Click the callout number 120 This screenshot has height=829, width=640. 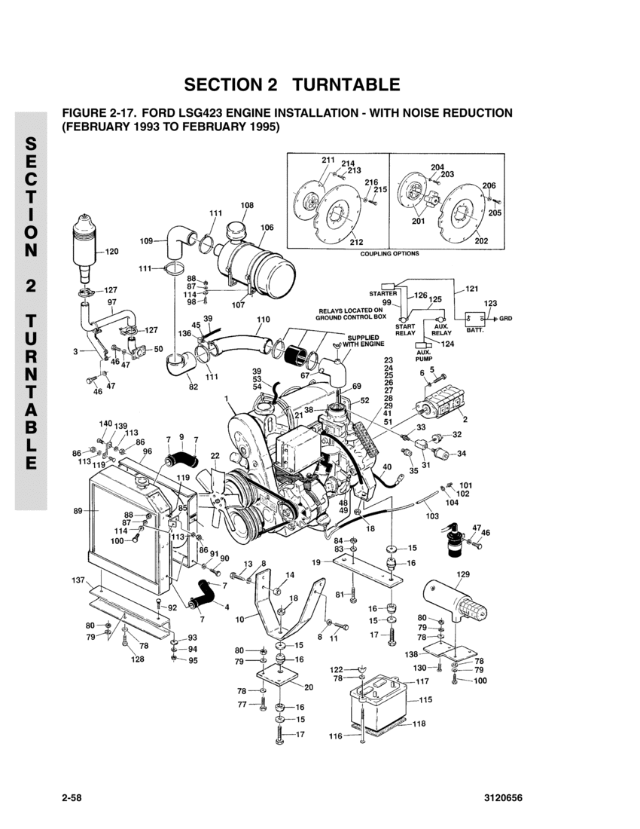(112, 252)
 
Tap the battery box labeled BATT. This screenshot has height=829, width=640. (475, 320)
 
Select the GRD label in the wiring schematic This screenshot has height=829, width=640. (505, 319)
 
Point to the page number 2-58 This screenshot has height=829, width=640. (72, 798)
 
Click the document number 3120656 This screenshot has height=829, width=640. (503, 798)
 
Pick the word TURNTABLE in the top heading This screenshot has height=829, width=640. (346, 84)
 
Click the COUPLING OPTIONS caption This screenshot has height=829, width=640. (390, 254)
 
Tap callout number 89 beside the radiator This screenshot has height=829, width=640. (78, 511)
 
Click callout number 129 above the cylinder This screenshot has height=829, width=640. (462, 574)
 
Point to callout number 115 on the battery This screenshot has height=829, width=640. (425, 699)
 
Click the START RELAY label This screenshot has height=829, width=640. (405, 330)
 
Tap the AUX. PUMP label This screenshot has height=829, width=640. (424, 355)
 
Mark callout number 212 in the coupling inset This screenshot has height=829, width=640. (356, 242)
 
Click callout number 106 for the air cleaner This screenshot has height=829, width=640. (267, 228)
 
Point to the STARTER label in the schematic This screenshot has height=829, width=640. (382, 293)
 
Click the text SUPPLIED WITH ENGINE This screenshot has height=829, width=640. (364, 341)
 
